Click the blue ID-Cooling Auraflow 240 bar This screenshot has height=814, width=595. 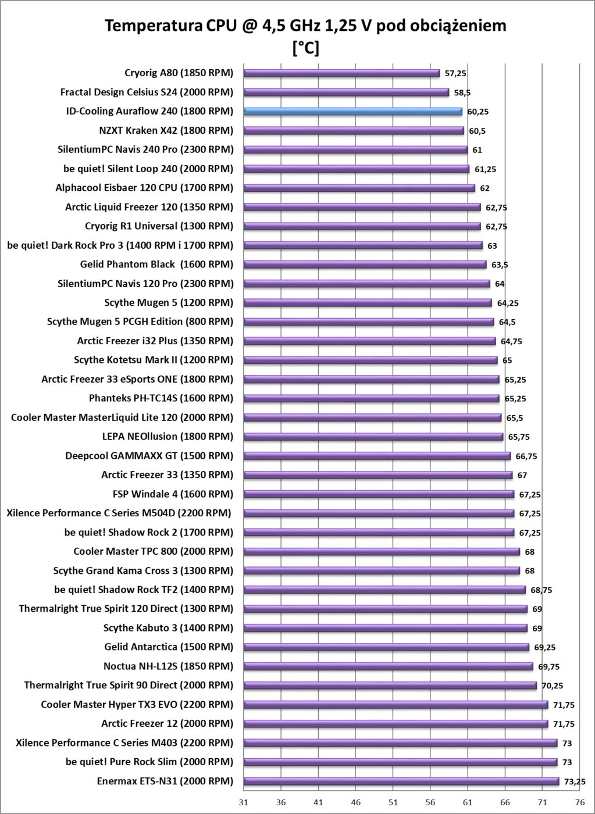point(353,111)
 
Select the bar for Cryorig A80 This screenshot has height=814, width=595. point(342,73)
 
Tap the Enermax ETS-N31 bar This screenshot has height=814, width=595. point(401,781)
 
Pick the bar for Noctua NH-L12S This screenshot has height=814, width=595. point(389,666)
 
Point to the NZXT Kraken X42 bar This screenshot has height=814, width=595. point(354,130)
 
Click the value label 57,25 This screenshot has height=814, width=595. point(455,73)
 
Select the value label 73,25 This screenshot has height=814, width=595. point(575,781)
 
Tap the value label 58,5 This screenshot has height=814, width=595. point(461,92)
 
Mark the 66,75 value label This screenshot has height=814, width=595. point(525,456)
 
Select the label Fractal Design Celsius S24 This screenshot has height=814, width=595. point(147,92)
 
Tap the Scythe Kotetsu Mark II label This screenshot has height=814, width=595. point(154,360)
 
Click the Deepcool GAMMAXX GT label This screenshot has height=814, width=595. point(149,455)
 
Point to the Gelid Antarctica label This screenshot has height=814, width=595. point(169,647)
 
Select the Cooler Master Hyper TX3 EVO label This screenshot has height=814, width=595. point(137,704)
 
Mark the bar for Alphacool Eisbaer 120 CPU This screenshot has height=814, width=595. point(359,188)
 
